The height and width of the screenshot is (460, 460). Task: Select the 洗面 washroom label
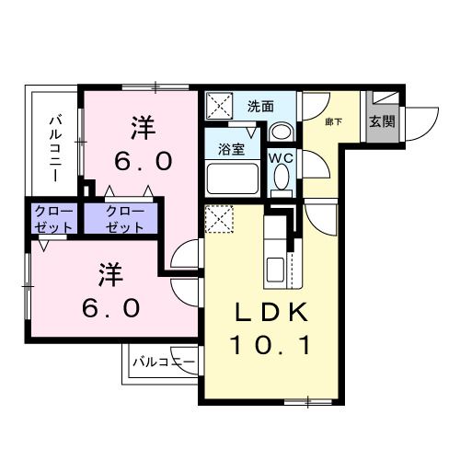coord(260,107)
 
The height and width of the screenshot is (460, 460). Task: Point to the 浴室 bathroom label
coord(230,148)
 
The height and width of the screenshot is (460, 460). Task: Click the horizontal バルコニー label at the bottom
coord(163,362)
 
